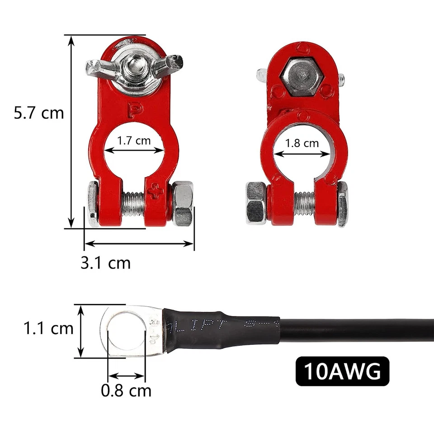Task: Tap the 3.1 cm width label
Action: (105, 262)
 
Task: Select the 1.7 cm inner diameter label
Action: (134, 141)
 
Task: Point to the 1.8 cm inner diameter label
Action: (302, 144)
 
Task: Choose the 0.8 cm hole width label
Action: (126, 390)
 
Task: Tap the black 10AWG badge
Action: (342, 372)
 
